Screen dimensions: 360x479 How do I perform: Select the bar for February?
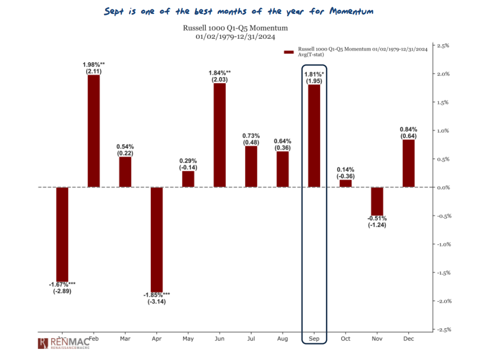click(x=94, y=131)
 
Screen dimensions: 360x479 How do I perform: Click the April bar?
click(x=157, y=240)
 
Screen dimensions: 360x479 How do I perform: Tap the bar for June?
click(x=220, y=135)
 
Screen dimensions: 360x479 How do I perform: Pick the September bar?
click(x=314, y=136)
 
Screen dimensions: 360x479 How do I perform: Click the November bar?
click(x=377, y=201)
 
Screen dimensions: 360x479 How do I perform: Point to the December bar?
click(x=408, y=164)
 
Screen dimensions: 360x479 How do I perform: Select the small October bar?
click(x=346, y=184)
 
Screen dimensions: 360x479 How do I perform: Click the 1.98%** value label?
click(x=94, y=64)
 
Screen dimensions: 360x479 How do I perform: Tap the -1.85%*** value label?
click(x=157, y=295)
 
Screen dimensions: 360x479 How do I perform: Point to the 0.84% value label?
click(x=408, y=129)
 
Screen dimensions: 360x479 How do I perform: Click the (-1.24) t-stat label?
click(x=377, y=226)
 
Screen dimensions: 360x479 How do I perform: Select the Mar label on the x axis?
click(x=125, y=339)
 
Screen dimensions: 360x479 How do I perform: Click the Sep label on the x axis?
click(x=314, y=339)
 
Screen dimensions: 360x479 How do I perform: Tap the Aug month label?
click(x=283, y=339)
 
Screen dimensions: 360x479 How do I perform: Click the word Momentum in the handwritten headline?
click(x=351, y=11)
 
